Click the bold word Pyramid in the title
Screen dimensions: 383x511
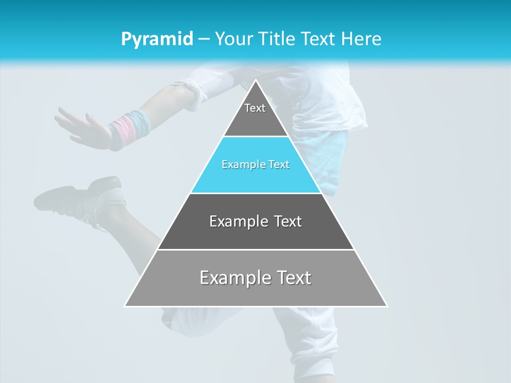coord(157,39)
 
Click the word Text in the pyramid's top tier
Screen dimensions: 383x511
coord(255,108)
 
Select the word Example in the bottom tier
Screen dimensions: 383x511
coord(230,278)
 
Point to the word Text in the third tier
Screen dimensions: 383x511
coord(285,221)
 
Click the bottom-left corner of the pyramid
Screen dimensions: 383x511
coord(125,306)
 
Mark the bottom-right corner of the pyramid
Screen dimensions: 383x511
coord(387,306)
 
